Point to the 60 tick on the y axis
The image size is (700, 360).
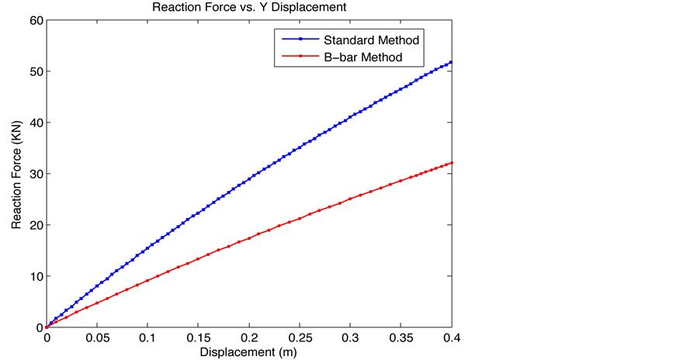(35, 20)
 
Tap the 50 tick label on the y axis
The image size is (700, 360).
(35, 71)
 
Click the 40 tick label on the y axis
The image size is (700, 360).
(35, 123)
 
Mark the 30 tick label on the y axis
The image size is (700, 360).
(35, 174)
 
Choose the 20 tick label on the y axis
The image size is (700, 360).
(35, 225)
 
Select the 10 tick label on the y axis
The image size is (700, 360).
(35, 276)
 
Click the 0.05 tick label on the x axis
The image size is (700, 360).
(97, 339)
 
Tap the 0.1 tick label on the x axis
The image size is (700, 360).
(147, 339)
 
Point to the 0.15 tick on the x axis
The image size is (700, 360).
(199, 339)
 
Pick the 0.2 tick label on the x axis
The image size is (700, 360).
(249, 339)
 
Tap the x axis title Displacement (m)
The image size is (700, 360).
(249, 351)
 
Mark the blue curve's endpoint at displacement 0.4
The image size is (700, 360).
(452, 62)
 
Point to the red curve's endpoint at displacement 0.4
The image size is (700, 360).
(452, 163)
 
